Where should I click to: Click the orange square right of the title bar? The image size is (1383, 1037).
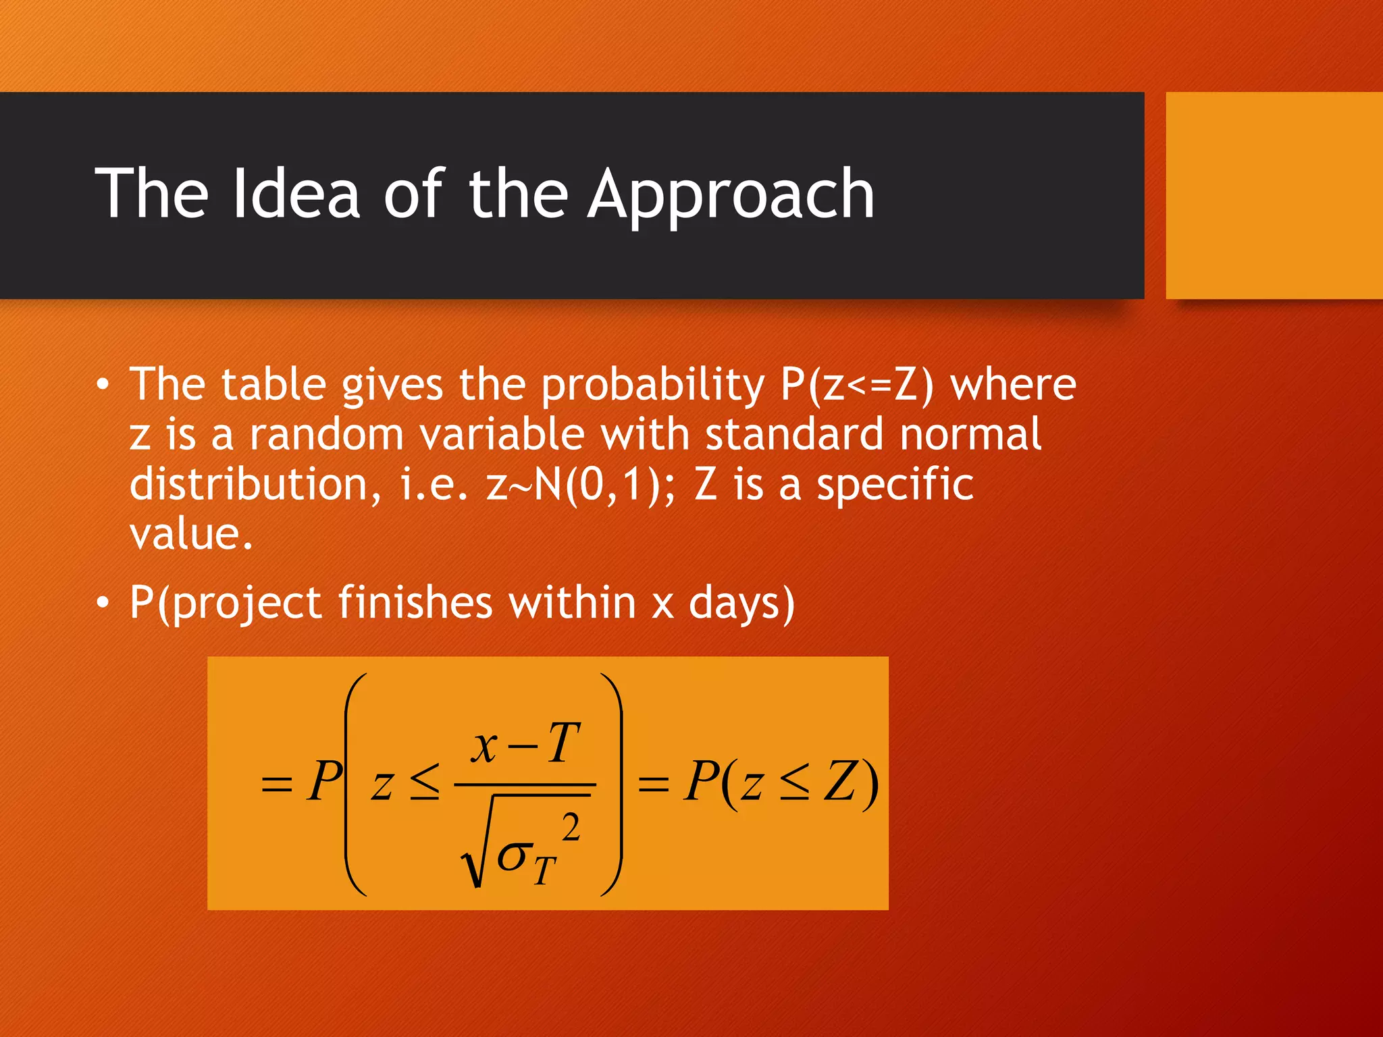pyautogui.click(x=1274, y=195)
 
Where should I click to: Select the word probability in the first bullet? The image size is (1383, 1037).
pyautogui.click(x=652, y=385)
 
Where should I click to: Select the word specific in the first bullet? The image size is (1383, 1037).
pyautogui.click(x=895, y=485)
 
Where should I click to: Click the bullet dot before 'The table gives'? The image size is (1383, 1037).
pyautogui.click(x=102, y=385)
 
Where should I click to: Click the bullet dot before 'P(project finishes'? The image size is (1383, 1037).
pyautogui.click(x=102, y=602)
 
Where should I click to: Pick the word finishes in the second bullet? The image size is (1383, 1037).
pyautogui.click(x=415, y=602)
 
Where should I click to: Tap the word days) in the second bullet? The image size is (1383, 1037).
pyautogui.click(x=741, y=602)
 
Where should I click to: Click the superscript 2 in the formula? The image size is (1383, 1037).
pyautogui.click(x=571, y=827)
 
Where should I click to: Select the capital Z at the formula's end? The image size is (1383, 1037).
pyautogui.click(x=841, y=782)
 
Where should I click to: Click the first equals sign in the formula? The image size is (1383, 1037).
pyautogui.click(x=276, y=785)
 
